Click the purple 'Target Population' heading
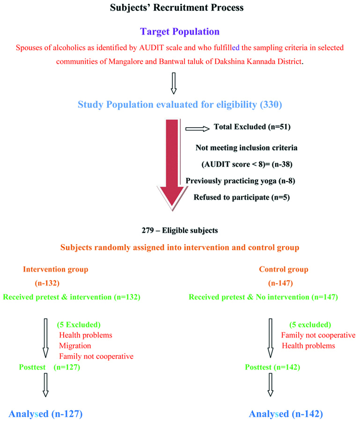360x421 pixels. (x=179, y=32)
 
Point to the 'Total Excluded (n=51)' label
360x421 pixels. (x=249, y=127)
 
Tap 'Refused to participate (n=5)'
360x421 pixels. (x=242, y=197)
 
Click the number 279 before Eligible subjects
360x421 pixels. (x=149, y=231)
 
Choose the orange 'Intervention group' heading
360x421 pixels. (x=55, y=269)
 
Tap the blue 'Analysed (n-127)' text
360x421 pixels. (x=45, y=413)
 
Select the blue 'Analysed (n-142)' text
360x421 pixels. (x=286, y=414)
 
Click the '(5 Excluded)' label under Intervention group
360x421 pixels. (x=78, y=325)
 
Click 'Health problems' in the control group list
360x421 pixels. (x=308, y=346)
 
